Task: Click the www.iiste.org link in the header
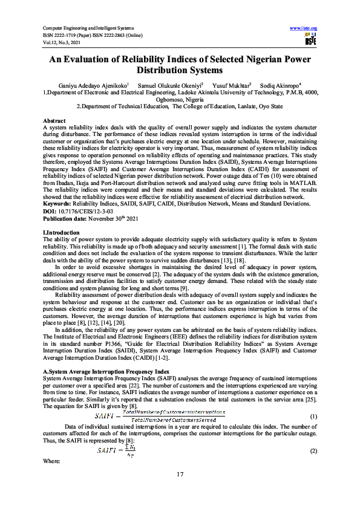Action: pos(304,28)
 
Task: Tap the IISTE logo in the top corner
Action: pos(311,40)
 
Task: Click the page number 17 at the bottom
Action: pos(180,474)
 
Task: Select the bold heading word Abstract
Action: pos(54,122)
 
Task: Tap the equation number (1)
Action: pos(313,417)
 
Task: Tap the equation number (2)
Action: pos(313,452)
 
